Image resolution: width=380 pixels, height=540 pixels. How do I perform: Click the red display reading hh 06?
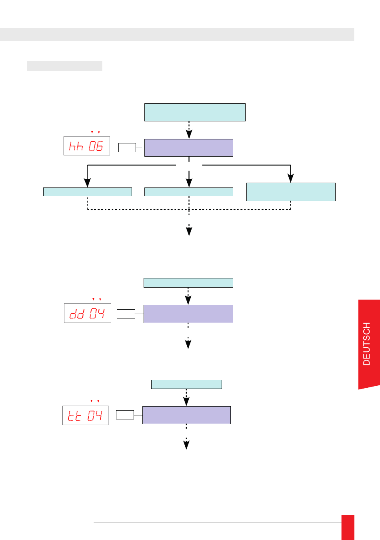coord(87,146)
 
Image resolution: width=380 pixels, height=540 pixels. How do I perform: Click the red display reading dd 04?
coord(88,313)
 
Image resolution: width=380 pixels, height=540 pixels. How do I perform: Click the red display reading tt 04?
coord(86,415)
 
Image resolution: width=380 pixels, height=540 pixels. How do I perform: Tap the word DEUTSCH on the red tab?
coord(366,344)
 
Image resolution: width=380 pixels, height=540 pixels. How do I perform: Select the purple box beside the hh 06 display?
coord(189,148)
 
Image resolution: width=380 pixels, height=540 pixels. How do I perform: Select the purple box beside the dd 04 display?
coord(188,314)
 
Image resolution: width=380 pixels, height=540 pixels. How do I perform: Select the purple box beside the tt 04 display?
coord(186,415)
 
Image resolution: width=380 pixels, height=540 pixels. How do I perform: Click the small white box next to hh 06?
coord(127,147)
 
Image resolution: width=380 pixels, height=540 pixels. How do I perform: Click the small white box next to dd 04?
coord(126,314)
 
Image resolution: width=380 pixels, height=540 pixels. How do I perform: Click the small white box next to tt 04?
coord(125,415)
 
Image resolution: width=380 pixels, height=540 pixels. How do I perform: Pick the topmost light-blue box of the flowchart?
coord(195,112)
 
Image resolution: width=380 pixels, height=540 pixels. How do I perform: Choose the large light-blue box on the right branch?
coord(291,192)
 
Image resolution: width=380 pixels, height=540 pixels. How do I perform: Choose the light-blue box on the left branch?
coord(88,192)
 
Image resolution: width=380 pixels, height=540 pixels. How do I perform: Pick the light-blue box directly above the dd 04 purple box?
coord(188,283)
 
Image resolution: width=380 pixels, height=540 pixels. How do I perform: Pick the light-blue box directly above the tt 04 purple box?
coord(186,384)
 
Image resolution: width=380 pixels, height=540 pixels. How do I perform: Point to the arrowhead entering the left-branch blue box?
coord(87,183)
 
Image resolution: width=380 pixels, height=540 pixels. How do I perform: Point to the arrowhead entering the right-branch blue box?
coord(291,178)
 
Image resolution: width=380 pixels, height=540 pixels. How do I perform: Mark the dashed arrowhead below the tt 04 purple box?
coord(186,445)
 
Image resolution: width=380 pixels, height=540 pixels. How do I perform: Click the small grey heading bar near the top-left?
coord(64,66)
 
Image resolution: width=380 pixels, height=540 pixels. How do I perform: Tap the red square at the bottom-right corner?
coord(348,527)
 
